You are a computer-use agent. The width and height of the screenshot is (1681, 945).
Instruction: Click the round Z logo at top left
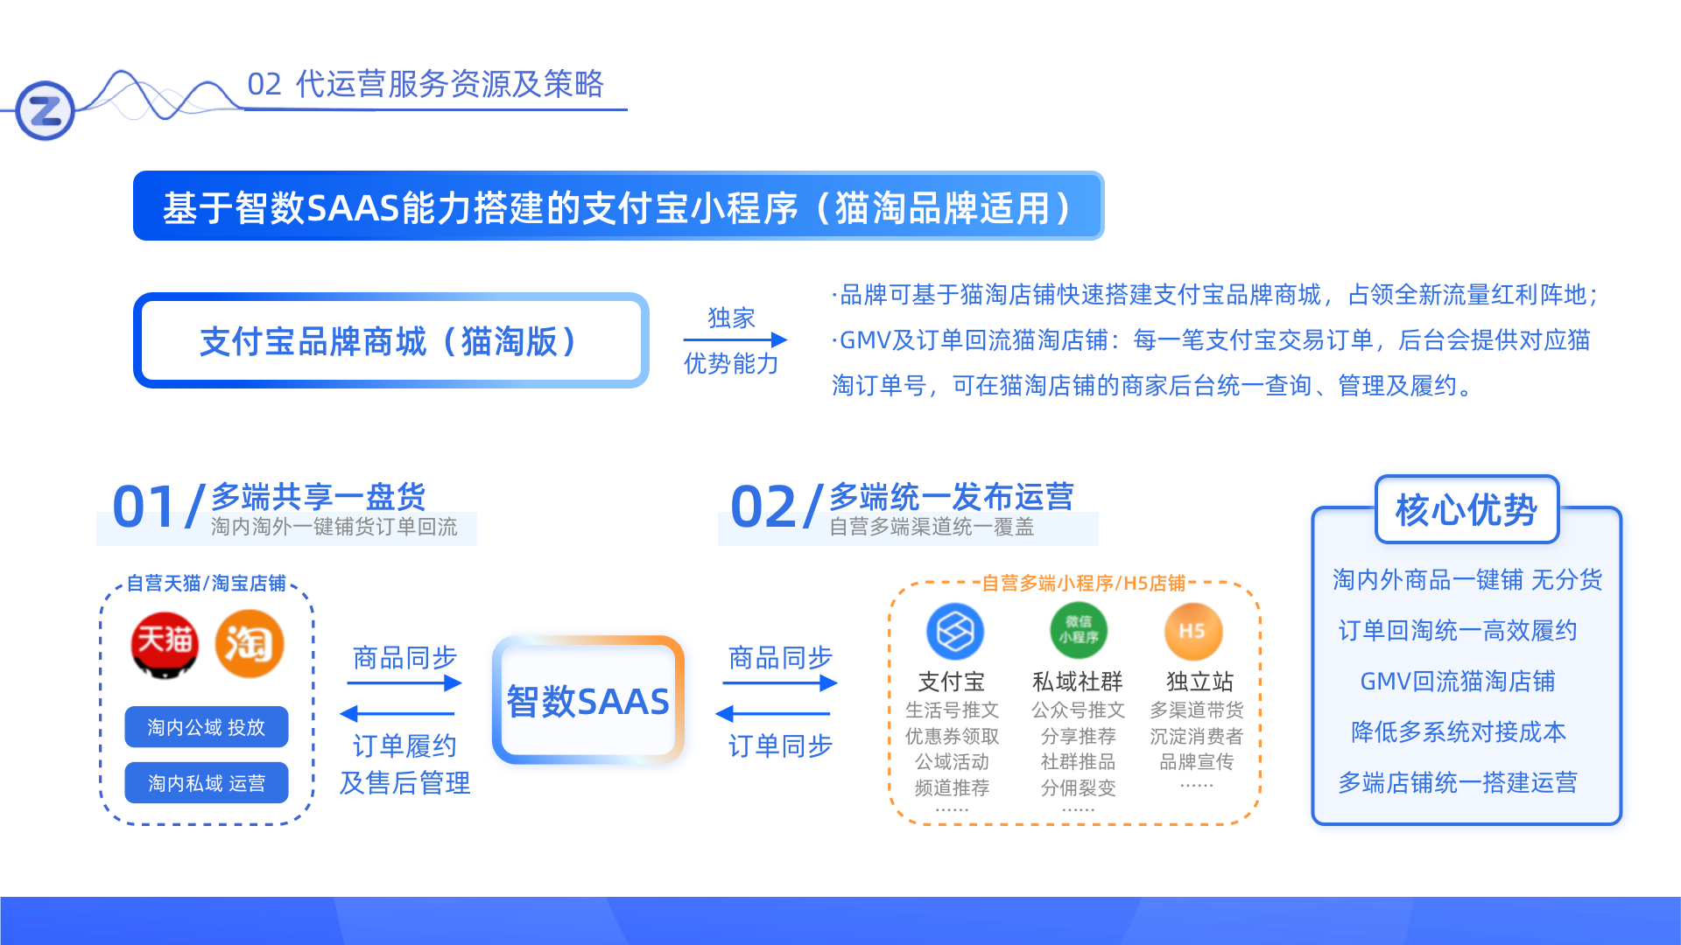tap(46, 110)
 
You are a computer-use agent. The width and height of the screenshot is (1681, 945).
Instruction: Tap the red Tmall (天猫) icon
tap(165, 646)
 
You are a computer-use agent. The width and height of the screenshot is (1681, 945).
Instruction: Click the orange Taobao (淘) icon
tap(250, 645)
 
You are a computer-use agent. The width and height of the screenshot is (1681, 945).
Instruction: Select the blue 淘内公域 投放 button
tap(207, 727)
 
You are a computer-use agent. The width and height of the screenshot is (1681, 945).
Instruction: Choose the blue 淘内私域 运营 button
tap(207, 782)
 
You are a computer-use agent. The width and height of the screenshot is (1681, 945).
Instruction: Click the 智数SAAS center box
tap(588, 700)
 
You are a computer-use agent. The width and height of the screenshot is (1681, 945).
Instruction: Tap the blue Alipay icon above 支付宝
tap(954, 632)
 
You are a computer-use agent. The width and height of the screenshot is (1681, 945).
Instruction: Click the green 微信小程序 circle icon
tap(1079, 631)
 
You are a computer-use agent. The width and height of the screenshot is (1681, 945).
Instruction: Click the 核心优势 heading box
tap(1466, 509)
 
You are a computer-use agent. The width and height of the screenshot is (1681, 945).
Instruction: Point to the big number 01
tap(144, 507)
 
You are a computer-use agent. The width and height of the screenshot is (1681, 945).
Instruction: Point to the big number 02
tap(763, 507)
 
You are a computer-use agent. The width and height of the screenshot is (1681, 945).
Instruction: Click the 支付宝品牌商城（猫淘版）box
tap(390, 340)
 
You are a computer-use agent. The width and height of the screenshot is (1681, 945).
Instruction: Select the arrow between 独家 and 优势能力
tap(735, 339)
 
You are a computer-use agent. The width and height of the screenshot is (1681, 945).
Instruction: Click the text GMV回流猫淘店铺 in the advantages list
tap(1458, 681)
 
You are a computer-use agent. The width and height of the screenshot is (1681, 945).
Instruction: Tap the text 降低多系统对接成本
tap(1459, 731)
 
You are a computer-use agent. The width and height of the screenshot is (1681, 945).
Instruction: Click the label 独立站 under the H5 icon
tap(1199, 682)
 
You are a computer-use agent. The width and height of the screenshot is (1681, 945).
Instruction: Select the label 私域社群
tap(1077, 682)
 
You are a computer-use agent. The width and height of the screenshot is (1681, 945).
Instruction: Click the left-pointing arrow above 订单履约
tap(397, 713)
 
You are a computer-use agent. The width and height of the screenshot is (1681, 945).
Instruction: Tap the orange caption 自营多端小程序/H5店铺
tap(1084, 583)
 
